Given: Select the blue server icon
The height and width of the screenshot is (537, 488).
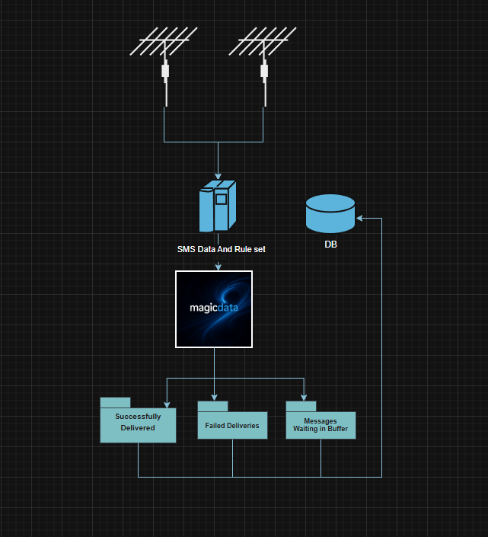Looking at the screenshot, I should point(217,206).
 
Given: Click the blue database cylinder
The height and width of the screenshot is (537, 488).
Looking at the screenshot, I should point(330,213).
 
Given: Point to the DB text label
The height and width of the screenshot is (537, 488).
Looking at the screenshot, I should point(330,245).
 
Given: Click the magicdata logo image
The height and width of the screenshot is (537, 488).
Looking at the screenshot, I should point(214,309).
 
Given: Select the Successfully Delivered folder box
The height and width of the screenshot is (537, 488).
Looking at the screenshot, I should point(138,424).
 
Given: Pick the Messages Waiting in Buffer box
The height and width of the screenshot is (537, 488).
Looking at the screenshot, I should point(321,426).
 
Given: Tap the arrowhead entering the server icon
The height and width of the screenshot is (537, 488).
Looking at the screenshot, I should point(218,177).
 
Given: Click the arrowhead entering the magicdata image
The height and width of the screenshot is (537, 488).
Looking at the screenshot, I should point(218,267).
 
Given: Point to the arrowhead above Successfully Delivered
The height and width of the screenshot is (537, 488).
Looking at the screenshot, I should point(166,403).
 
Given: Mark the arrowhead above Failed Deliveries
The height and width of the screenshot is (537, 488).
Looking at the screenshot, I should point(214,396).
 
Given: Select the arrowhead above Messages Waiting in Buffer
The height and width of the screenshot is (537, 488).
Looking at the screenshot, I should point(305,396).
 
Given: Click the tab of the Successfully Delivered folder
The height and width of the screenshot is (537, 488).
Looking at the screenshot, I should point(116,403).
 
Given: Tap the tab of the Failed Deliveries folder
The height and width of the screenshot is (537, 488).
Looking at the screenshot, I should point(213,406).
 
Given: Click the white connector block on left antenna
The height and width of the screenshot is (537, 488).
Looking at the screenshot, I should point(165,72).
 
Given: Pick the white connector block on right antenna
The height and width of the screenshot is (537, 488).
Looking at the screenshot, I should point(264,72).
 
